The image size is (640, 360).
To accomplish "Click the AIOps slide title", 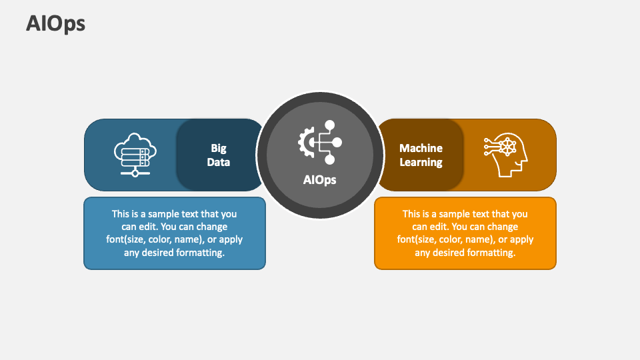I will pos(56,24).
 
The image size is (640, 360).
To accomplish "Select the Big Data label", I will pos(219,155).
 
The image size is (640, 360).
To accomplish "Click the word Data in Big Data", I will pos(219,162).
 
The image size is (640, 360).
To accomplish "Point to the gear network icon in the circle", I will pos(320,142).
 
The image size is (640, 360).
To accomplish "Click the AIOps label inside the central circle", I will pos(320,180).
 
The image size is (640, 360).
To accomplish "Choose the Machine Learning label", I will pos(421,155).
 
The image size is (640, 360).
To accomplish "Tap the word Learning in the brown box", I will pos(421,162).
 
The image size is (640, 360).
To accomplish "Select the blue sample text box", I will pos(175,233).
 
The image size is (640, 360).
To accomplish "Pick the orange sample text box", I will pos(465,233).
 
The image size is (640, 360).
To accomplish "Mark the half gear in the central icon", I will pos(305,142).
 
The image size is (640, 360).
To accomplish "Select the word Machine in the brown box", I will pos(421,148).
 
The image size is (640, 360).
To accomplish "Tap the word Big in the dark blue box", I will pos(219,148).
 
